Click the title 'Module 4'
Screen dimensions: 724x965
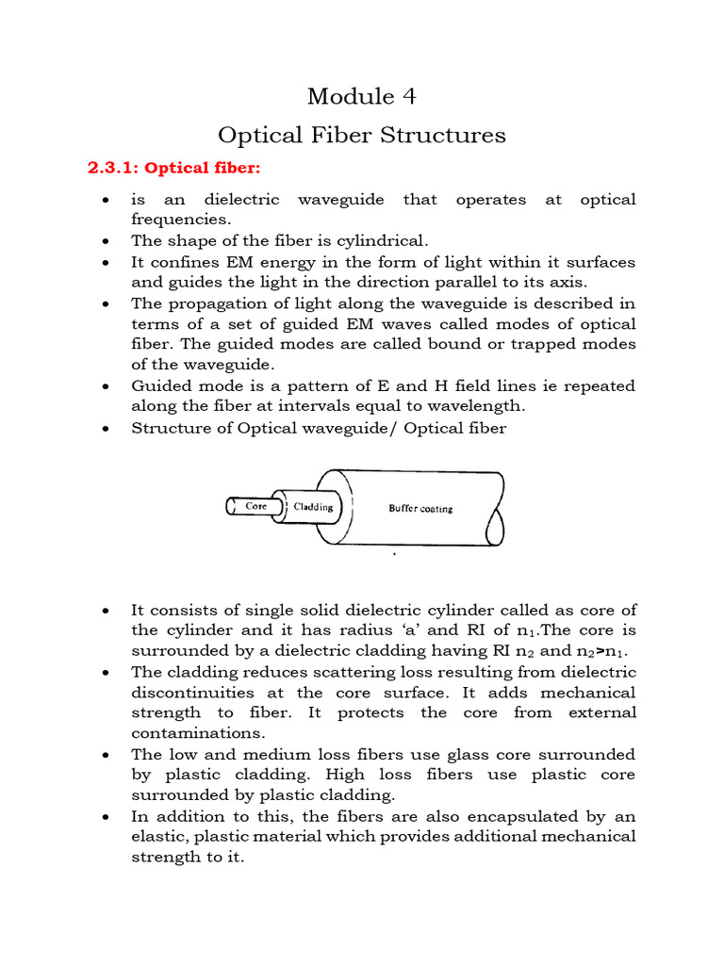pos(361,96)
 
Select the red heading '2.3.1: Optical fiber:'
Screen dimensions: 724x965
pos(173,169)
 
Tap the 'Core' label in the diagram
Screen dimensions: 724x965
pos(255,506)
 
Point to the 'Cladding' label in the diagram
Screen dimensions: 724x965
pos(314,507)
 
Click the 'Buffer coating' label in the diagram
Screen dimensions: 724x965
pos(420,508)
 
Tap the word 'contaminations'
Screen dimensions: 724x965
pos(193,733)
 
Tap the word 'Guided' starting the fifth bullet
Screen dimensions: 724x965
pos(160,386)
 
